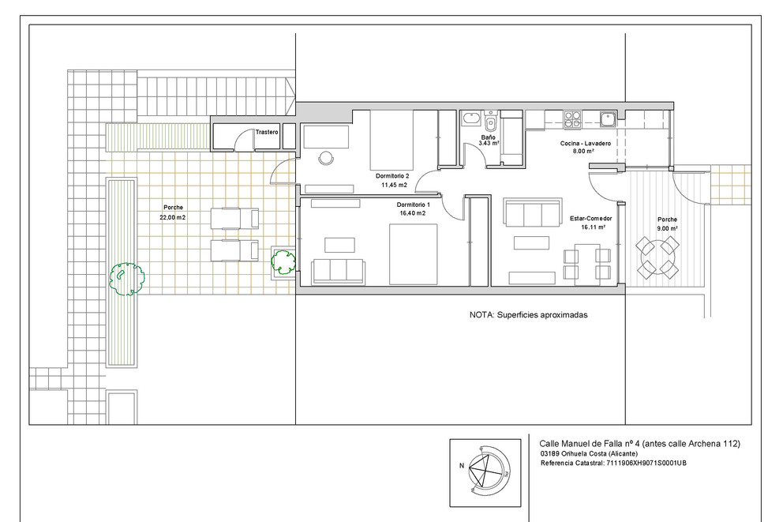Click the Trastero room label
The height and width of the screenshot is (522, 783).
tap(267, 133)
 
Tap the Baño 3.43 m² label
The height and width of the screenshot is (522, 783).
tap(489, 141)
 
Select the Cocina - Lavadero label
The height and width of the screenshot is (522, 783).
tap(585, 144)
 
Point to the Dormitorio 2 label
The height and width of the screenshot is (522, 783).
tap(392, 176)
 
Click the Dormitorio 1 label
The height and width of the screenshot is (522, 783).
tap(413, 205)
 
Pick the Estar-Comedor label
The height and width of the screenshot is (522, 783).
tap(590, 218)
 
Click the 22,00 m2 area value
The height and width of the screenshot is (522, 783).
tap(173, 218)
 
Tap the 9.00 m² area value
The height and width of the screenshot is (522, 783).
tap(667, 228)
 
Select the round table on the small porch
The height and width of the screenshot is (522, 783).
tap(657, 258)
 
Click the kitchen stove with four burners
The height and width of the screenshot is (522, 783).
tap(572, 120)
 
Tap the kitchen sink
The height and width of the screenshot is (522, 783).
tap(608, 119)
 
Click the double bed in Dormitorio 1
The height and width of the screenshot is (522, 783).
tap(413, 254)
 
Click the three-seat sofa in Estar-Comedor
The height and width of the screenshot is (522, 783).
tap(532, 212)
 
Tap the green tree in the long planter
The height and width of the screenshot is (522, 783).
tap(127, 279)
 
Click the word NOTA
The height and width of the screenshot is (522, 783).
tap(481, 315)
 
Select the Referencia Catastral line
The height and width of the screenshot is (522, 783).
tap(613, 463)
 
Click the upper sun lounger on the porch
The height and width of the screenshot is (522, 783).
tap(234, 218)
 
